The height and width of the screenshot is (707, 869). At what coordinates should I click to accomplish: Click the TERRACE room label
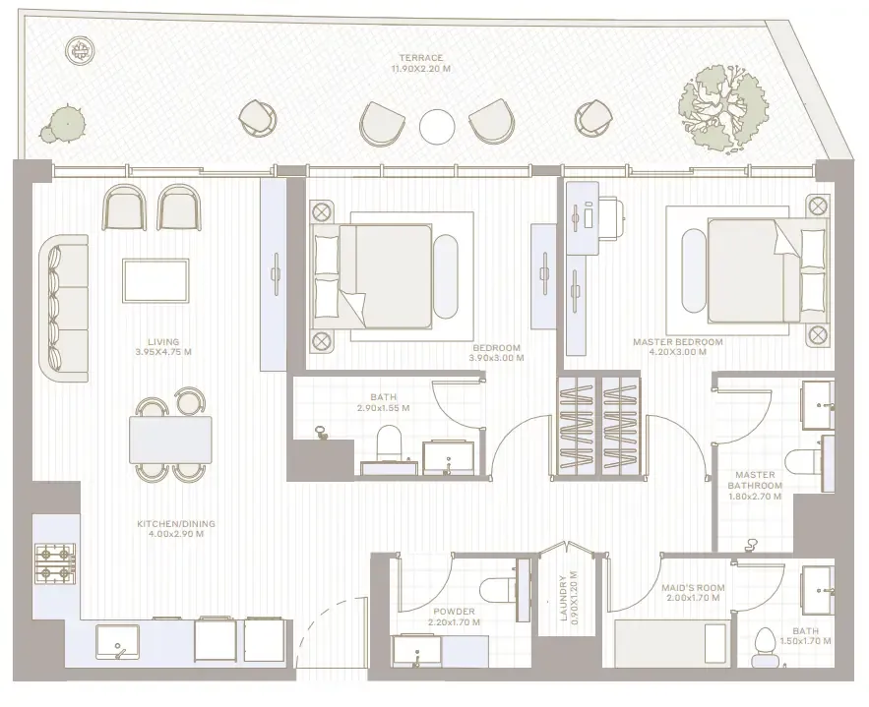click(420, 58)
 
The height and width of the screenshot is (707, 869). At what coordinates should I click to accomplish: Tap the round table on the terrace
click(437, 127)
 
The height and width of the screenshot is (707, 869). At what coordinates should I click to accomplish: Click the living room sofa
click(64, 308)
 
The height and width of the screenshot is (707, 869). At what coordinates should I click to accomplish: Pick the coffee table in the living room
click(155, 280)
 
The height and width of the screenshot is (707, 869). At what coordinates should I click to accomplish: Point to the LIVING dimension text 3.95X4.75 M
click(163, 352)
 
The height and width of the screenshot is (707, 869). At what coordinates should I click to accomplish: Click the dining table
click(170, 440)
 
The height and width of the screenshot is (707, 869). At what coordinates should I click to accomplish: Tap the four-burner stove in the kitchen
click(55, 562)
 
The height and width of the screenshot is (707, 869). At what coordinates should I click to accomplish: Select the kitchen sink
click(117, 642)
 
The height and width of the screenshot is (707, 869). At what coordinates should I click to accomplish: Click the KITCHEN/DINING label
click(176, 524)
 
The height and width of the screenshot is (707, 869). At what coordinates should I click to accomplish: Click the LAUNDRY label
click(563, 599)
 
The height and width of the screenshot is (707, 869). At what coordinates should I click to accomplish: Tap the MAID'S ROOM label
click(693, 588)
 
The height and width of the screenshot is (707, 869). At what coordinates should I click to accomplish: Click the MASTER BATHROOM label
click(755, 480)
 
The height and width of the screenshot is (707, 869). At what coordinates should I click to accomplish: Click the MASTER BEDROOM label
click(678, 342)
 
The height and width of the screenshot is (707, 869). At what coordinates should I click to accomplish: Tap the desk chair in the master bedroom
click(613, 218)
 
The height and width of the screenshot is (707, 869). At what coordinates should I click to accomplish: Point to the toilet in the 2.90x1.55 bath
click(388, 442)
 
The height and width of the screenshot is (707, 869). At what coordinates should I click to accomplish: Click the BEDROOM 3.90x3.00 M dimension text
click(496, 358)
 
